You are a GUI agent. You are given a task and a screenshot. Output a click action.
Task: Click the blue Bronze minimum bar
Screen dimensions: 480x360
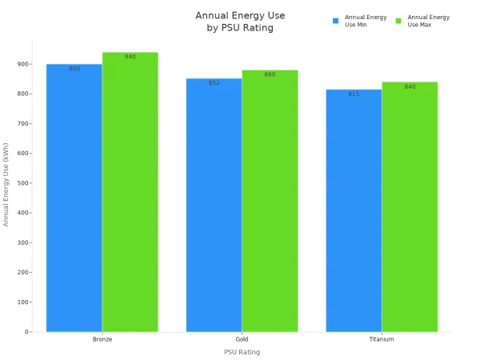74,198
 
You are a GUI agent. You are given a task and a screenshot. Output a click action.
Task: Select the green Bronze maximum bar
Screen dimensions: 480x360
130,192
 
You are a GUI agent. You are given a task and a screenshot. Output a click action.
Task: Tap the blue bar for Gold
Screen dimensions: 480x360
214,205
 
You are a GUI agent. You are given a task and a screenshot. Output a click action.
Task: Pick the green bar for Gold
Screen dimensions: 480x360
270,201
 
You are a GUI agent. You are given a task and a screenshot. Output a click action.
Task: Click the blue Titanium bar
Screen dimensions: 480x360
354,210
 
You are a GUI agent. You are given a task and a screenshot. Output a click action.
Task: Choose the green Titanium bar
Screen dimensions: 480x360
410,207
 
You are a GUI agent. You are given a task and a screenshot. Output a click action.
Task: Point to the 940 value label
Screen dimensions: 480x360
130,57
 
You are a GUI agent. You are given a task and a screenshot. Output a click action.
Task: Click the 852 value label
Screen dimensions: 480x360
214,82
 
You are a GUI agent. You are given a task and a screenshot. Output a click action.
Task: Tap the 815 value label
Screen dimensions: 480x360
354,94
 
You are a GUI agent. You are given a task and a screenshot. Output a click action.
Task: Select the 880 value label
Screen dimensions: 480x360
270,74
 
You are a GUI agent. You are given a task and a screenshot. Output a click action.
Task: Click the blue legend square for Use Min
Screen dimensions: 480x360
335,21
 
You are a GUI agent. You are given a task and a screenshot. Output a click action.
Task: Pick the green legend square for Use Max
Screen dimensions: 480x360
398,21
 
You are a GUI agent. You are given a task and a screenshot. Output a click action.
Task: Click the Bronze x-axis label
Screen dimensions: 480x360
102,339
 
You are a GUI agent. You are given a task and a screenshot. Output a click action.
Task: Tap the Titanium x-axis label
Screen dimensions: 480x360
382,339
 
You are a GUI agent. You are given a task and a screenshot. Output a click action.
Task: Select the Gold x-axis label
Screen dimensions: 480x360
242,339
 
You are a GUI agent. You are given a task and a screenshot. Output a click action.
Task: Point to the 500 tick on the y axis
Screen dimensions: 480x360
23,183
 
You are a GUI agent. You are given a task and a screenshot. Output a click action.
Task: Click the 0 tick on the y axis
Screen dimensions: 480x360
26,332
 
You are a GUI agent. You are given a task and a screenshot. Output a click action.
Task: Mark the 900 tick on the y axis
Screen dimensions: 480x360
23,64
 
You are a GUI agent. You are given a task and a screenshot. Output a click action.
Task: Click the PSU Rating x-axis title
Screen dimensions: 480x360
242,352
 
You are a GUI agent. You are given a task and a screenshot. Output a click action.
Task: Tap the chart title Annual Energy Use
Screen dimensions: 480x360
240,16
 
